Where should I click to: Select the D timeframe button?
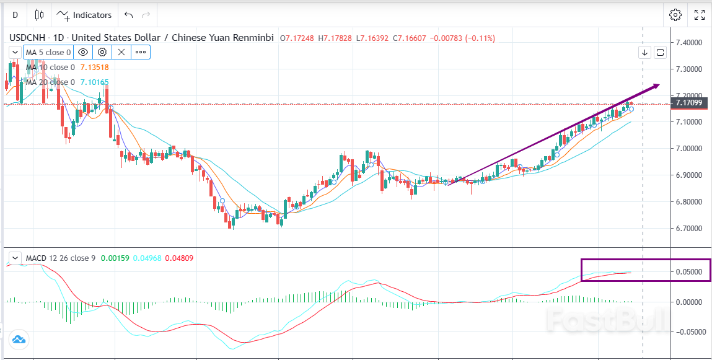pos(15,15)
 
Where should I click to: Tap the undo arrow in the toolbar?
pos(128,15)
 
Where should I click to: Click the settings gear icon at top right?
pos(675,15)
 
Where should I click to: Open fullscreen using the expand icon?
pos(699,15)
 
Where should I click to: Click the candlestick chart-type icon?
pos(40,15)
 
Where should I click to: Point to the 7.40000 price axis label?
pos(689,43)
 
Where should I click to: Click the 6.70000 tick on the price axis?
pos(689,229)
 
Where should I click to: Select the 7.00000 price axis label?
pos(689,149)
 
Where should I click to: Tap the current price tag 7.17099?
pos(689,103)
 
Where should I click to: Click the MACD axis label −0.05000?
pos(689,331)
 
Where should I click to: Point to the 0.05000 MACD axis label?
pos(689,272)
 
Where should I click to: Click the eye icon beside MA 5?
pos(84,52)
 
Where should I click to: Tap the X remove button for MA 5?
pos(121,52)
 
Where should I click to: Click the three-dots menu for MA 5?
pos(141,52)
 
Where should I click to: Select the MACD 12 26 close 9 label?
pos(60,257)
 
